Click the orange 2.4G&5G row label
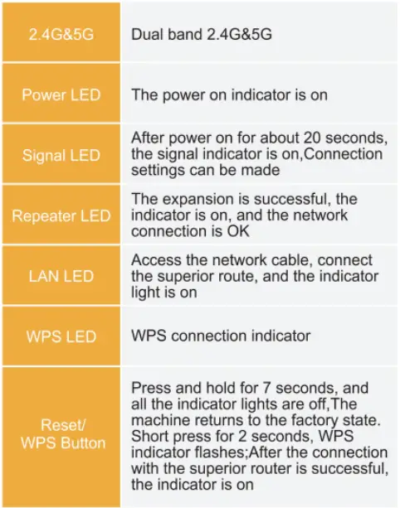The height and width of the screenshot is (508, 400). [61, 36]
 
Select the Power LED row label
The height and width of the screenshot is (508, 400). [61, 94]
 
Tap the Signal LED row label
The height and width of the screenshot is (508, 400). [61, 155]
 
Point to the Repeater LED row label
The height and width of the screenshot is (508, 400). [61, 216]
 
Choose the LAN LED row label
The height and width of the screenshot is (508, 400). [61, 276]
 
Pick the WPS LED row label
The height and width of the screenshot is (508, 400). [61, 336]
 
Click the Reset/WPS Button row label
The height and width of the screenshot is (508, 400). [61, 433]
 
